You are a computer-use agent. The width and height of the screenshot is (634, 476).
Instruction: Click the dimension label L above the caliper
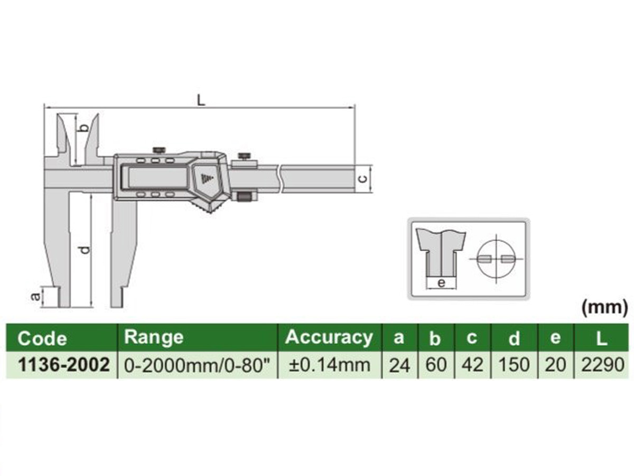pyautogui.click(x=201, y=99)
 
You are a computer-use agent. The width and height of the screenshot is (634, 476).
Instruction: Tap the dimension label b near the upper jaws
pyautogui.click(x=82, y=127)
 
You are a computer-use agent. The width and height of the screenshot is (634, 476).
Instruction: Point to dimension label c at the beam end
pyautogui.click(x=362, y=178)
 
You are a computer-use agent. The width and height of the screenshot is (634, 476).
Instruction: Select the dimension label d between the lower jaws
pyautogui.click(x=86, y=249)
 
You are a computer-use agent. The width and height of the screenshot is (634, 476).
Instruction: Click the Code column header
pyautogui.click(x=42, y=338)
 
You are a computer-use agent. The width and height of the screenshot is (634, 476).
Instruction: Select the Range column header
pyautogui.click(x=154, y=337)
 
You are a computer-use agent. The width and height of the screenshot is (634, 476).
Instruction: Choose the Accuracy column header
pyautogui.click(x=329, y=337)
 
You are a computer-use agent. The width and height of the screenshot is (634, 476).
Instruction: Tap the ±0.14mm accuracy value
pyautogui.click(x=329, y=365)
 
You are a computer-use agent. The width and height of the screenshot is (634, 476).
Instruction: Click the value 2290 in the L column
pyautogui.click(x=601, y=365)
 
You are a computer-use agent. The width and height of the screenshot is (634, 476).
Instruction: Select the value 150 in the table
pyautogui.click(x=514, y=365)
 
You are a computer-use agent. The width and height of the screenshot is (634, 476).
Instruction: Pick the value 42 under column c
pyautogui.click(x=472, y=365)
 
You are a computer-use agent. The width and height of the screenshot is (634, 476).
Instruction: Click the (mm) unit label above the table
pyautogui.click(x=604, y=307)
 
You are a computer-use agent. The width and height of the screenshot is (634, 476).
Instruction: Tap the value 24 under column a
pyautogui.click(x=399, y=365)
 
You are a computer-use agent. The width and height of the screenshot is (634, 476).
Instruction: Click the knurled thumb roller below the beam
pyautogui.click(x=245, y=197)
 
